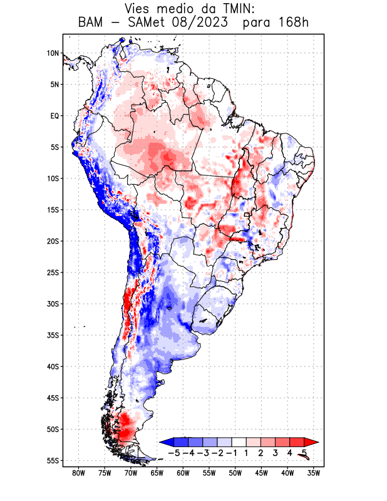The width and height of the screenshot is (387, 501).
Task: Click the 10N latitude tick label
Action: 53,53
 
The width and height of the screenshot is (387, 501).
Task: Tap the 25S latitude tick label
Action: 52,272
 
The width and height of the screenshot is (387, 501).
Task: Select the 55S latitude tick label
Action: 52,460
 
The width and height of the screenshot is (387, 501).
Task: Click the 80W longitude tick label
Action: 78,472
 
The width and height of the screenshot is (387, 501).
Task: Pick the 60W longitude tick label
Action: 183,472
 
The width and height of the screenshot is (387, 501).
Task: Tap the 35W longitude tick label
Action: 314,472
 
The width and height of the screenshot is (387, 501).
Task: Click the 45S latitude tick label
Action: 52,398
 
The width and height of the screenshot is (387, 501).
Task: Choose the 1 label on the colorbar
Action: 247,452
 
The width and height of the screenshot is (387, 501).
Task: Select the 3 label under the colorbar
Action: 276,452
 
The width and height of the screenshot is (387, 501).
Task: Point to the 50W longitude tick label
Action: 235,472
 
